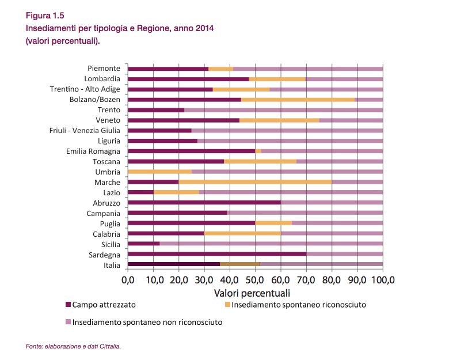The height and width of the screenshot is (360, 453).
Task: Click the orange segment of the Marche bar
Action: click(256, 182)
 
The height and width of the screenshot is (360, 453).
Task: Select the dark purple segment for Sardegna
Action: click(217, 254)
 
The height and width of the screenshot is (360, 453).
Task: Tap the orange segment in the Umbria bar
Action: click(160, 172)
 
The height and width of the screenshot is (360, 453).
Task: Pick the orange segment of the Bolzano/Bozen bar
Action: click(298, 100)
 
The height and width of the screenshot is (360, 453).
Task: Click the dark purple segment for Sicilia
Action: click(144, 244)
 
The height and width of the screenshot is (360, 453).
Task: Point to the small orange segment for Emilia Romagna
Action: click(258, 151)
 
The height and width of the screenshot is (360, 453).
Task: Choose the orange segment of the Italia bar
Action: click(240, 264)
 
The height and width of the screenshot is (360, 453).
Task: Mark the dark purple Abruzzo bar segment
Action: click(204, 202)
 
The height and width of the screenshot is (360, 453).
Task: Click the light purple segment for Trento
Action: click(284, 110)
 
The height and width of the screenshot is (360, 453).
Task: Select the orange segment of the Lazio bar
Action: click(176, 192)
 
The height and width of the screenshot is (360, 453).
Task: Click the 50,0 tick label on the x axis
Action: click(256, 280)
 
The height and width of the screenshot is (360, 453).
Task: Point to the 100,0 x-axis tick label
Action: click(383, 280)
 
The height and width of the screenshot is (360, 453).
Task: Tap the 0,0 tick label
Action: click(128, 280)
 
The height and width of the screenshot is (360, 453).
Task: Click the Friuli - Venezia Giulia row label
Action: click(85, 131)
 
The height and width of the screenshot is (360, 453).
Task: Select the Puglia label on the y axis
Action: click(110, 224)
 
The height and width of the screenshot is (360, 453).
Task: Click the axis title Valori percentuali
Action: click(252, 293)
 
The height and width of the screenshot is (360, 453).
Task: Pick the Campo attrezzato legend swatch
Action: click(68, 305)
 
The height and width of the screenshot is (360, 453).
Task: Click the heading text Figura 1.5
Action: click(45, 16)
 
